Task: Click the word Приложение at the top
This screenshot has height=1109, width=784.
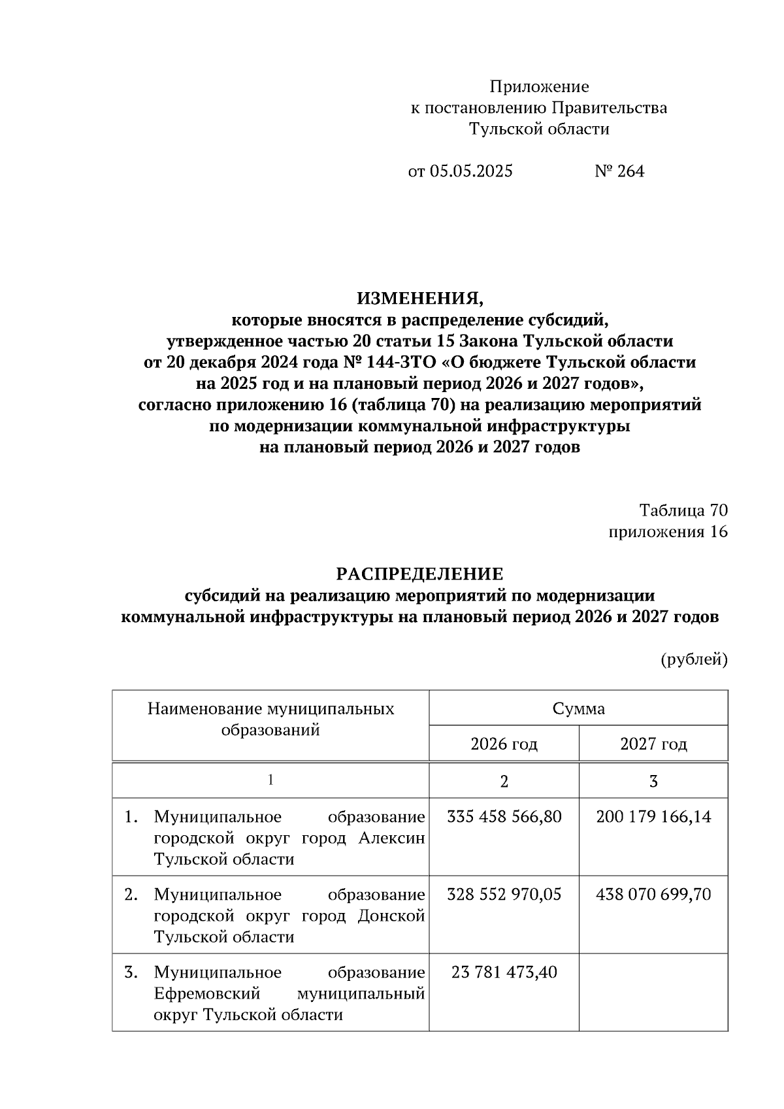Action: point(539,87)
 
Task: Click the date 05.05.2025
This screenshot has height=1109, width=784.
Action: point(470,171)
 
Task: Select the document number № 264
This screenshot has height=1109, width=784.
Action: point(619,171)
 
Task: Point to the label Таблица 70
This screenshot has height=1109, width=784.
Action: point(683,510)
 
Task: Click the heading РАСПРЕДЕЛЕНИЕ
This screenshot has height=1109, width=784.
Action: point(420,574)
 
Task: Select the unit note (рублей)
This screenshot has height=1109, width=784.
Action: point(694,659)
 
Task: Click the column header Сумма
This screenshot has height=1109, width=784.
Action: point(578,708)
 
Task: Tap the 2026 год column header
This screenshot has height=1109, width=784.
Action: point(504,744)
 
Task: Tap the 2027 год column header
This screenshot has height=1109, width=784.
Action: point(653,744)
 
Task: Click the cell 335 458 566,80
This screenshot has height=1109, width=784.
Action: point(504,817)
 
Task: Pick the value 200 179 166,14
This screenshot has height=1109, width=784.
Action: point(653,817)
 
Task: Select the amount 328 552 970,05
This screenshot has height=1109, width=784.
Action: point(504,894)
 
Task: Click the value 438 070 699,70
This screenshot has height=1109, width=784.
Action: point(653,894)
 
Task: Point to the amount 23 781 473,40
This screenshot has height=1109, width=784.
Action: point(504,972)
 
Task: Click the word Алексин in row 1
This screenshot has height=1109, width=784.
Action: point(391,838)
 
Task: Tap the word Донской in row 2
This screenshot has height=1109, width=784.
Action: point(391,916)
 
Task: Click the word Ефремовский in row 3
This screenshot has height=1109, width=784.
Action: point(207,994)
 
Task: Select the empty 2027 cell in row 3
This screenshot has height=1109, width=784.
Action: point(653,992)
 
